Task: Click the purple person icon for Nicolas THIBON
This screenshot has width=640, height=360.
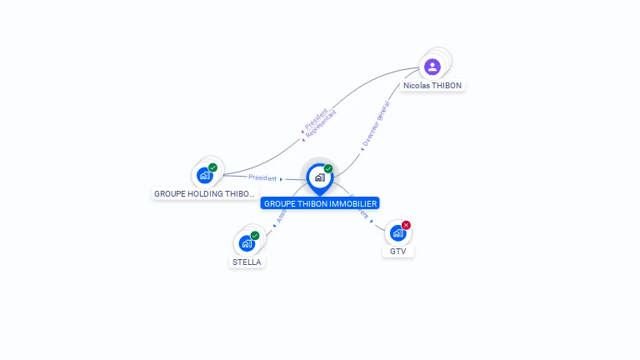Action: pyautogui.click(x=432, y=67)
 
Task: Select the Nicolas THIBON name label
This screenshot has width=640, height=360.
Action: pyautogui.click(x=432, y=85)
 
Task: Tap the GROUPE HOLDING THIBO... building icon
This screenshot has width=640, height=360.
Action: pyautogui.click(x=205, y=176)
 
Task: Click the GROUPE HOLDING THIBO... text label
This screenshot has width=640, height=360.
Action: pyautogui.click(x=205, y=193)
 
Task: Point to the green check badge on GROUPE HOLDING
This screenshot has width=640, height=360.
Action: pyautogui.click(x=213, y=167)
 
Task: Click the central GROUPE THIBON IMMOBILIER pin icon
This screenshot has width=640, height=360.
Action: pyautogui.click(x=319, y=177)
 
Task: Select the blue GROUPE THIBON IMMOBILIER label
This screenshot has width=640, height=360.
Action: pyautogui.click(x=320, y=203)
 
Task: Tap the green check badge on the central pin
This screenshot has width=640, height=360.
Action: pyautogui.click(x=328, y=169)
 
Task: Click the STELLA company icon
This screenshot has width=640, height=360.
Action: pyautogui.click(x=247, y=243)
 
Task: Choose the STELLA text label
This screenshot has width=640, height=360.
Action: pyautogui.click(x=247, y=262)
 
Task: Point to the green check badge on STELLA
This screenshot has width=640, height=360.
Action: pyautogui.click(x=255, y=236)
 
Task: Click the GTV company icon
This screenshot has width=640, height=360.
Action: pyautogui.click(x=397, y=233)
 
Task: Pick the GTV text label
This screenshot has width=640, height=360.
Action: pyautogui.click(x=398, y=251)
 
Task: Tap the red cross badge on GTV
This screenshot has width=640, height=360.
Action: pyautogui.click(x=406, y=225)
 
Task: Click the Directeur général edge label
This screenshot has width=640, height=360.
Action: pyautogui.click(x=375, y=125)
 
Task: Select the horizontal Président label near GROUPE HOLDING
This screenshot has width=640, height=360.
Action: pyautogui.click(x=262, y=177)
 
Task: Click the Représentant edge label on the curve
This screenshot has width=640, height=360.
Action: pyautogui.click(x=322, y=122)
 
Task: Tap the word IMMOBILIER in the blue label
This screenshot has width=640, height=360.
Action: pyautogui.click(x=355, y=203)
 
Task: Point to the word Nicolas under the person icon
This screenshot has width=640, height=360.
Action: pyautogui.click(x=417, y=85)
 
